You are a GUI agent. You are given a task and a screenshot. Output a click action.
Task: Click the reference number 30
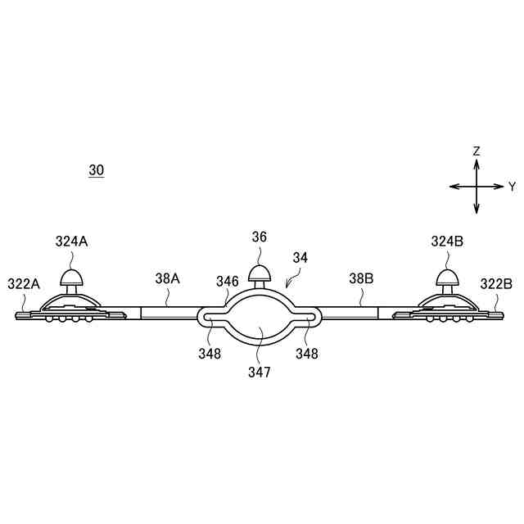tap(97, 170)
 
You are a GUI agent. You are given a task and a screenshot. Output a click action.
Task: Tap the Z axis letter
tap(477, 151)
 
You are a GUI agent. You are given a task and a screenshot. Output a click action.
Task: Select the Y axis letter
tap(512, 187)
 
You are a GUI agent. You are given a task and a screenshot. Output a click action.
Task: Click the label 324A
tap(72, 242)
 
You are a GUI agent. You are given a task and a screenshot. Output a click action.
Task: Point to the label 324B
tap(447, 242)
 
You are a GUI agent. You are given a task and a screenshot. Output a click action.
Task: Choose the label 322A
tap(23, 284)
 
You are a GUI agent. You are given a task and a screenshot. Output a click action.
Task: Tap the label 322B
tap(496, 284)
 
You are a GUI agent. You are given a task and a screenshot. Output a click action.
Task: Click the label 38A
tap(167, 278)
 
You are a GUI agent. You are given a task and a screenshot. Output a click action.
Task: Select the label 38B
tap(361, 278)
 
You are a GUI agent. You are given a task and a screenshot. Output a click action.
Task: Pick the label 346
tap(228, 282)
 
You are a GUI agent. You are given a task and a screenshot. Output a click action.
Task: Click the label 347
tap(259, 371)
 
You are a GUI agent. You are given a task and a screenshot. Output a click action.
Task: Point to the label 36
tap(259, 237)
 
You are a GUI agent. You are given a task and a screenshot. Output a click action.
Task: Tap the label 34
tap(300, 257)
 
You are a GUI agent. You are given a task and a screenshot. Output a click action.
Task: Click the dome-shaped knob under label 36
tap(260, 273)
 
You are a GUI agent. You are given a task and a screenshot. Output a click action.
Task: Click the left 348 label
tap(209, 355)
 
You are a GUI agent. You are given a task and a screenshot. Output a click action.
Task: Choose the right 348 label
tap(307, 355)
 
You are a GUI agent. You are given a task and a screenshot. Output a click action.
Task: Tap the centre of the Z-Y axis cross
tap(477, 187)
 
